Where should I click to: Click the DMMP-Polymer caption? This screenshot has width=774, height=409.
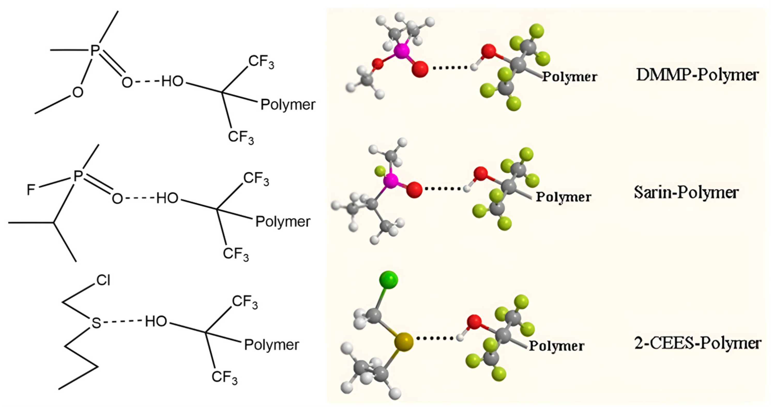pyautogui.click(x=697, y=75)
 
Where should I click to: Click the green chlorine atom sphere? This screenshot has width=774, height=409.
pyautogui.click(x=389, y=281)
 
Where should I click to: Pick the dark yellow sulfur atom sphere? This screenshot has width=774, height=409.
pyautogui.click(x=404, y=342)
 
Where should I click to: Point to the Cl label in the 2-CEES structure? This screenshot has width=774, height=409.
pyautogui.click(x=103, y=281)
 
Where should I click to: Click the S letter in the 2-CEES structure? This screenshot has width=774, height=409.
pyautogui.click(x=96, y=323)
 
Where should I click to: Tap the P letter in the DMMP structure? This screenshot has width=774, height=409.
pyautogui.click(x=95, y=50)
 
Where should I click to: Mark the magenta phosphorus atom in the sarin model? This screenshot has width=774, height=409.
pyautogui.click(x=391, y=181)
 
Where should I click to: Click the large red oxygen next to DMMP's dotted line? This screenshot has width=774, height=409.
pyautogui.click(x=420, y=69)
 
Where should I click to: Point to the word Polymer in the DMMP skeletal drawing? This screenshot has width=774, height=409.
pyautogui.click(x=288, y=105)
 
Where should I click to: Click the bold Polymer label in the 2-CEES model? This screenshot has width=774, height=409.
pyautogui.click(x=557, y=346)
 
